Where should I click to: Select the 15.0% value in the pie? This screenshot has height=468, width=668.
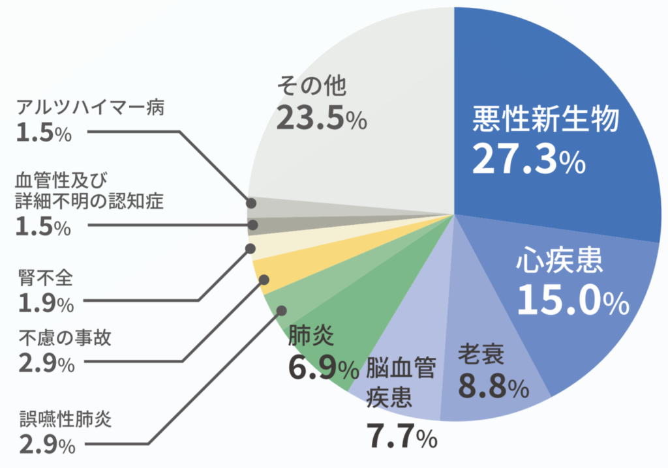click(573, 299)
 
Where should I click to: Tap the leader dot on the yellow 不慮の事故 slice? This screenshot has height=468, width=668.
click(264, 280)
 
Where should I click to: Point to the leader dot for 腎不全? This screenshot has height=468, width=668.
click(250, 248)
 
